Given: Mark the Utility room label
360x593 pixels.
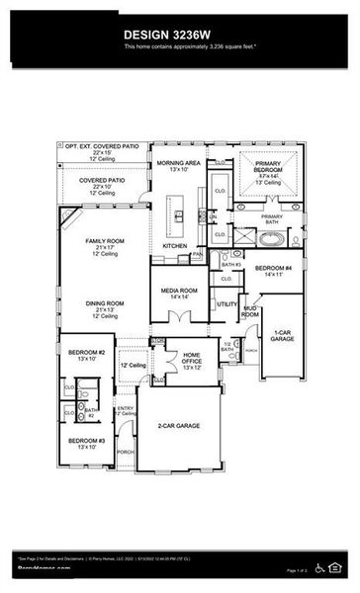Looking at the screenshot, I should pos(227,304).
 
